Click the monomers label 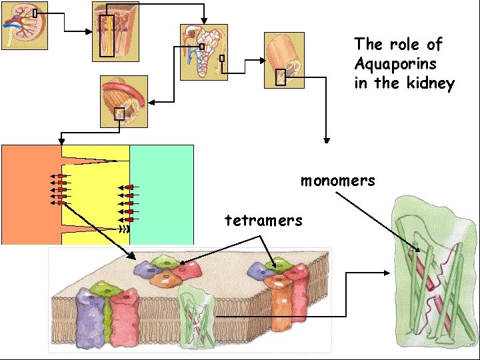[x=337, y=181]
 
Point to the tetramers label [x=263, y=220]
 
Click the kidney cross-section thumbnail [x=25, y=25]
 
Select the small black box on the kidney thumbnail [x=35, y=13]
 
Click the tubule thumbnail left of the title [x=284, y=60]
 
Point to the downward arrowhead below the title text [x=326, y=140]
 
